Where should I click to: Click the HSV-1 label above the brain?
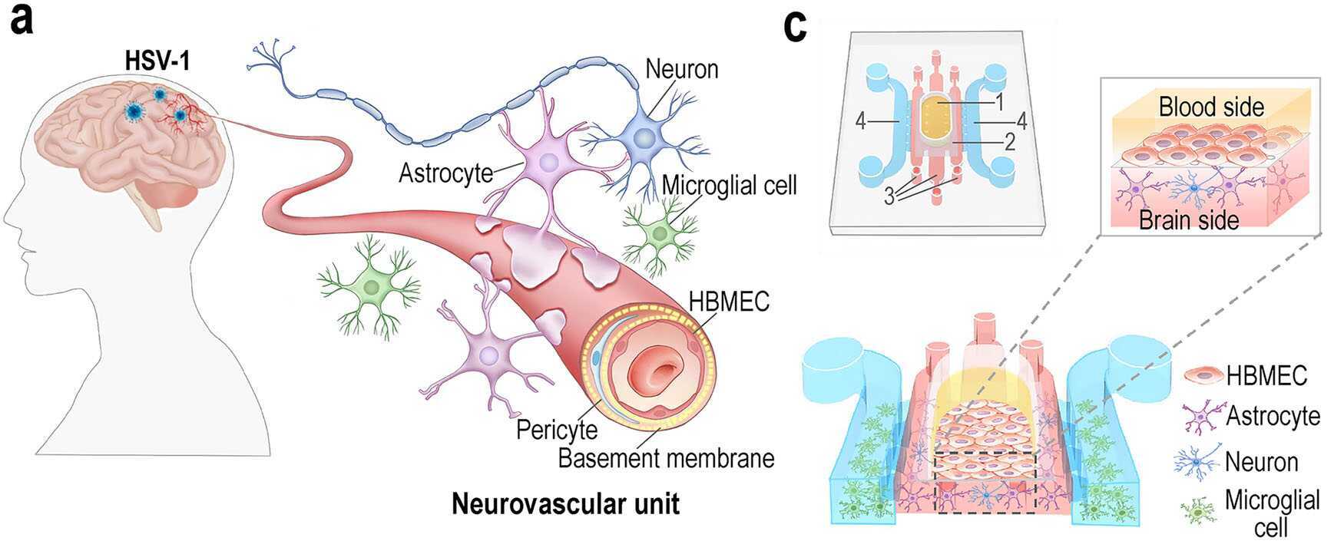(x=158, y=61)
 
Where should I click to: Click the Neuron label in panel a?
(x=681, y=69)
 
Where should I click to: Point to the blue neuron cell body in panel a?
(x=644, y=135)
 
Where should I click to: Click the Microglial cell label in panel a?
(x=729, y=185)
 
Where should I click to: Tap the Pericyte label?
(x=557, y=429)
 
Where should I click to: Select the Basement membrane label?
(x=665, y=458)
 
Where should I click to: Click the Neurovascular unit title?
(x=565, y=504)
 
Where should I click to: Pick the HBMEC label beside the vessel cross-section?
(x=729, y=302)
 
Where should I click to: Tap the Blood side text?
(x=1211, y=107)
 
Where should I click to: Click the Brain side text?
(x=1189, y=220)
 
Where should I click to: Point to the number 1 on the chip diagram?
(x=1000, y=101)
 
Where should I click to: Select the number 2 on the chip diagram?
(x=1009, y=141)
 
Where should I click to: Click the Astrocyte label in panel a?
(x=445, y=173)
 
